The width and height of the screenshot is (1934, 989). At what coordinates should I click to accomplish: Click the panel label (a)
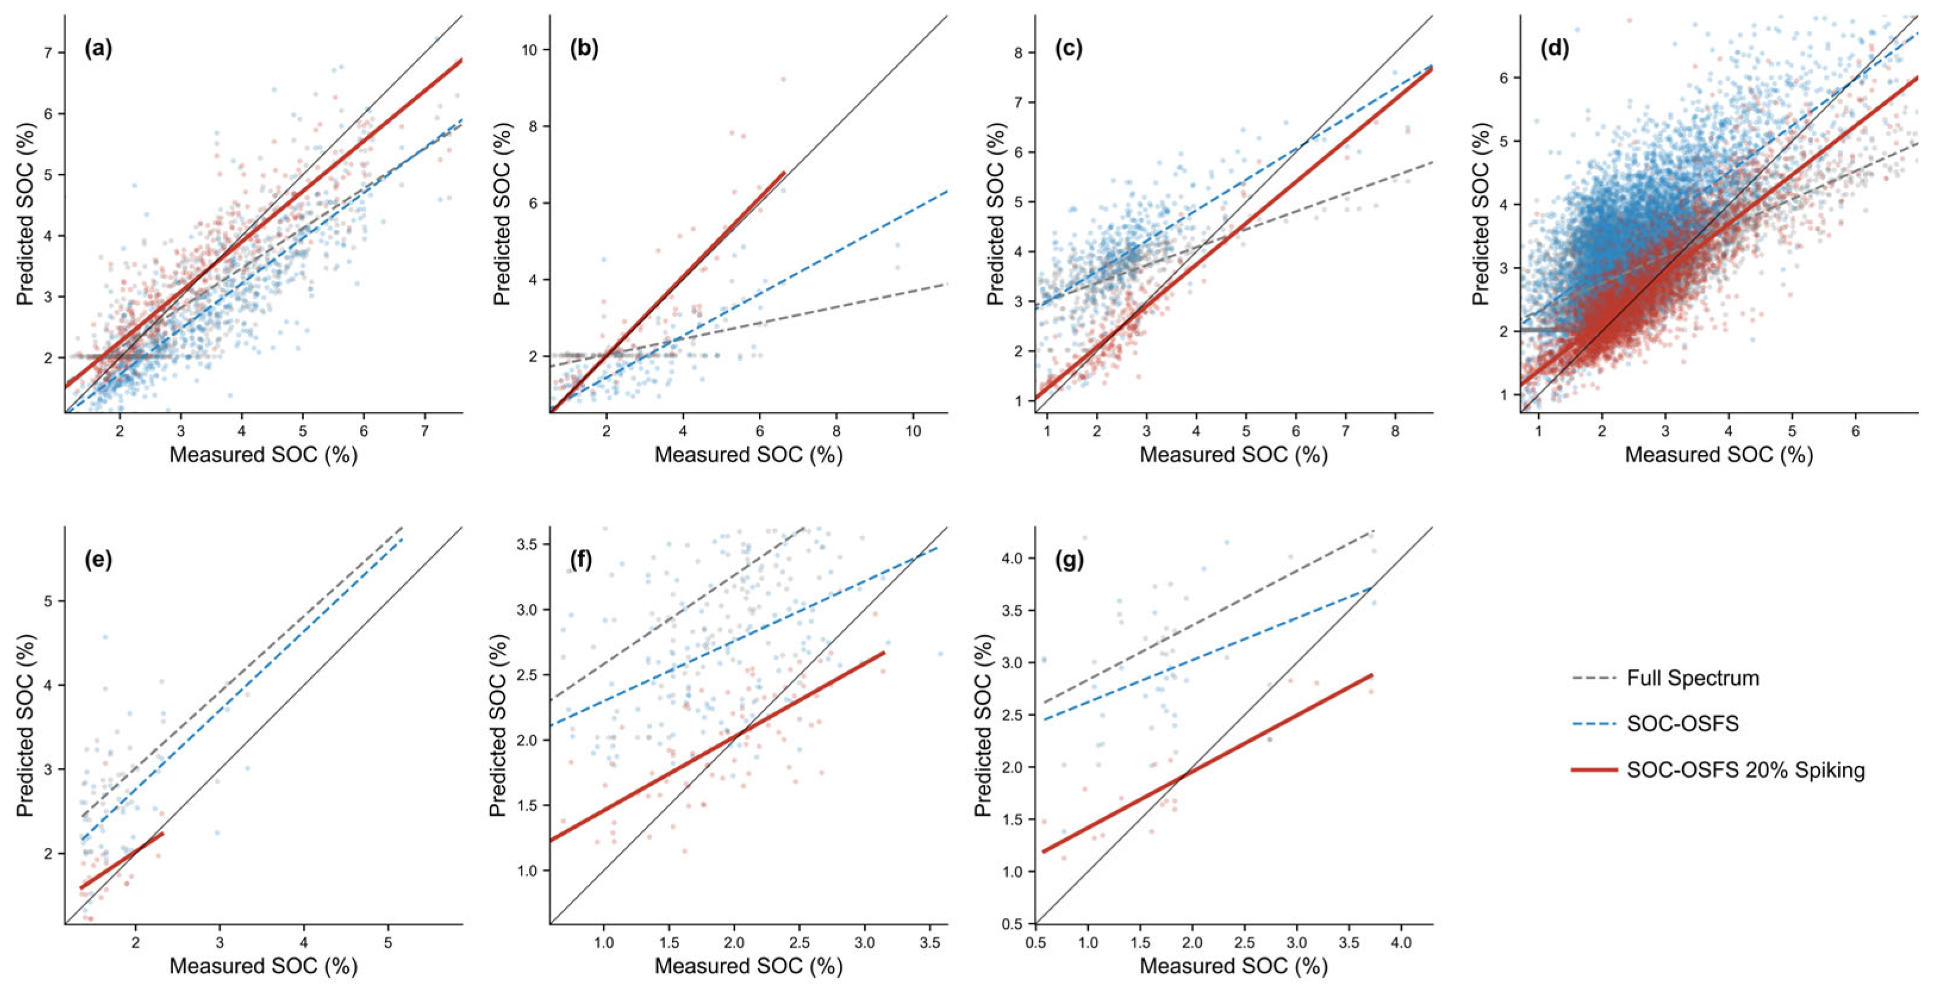coord(98,49)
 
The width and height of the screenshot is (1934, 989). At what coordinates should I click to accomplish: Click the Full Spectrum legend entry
coord(1693,678)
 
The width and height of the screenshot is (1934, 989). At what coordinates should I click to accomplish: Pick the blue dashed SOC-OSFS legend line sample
coord(1595,724)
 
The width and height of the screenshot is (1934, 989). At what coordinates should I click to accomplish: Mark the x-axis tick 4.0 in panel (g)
coord(1401,942)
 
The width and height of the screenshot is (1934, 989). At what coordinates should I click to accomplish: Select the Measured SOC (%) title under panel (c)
coord(1233,455)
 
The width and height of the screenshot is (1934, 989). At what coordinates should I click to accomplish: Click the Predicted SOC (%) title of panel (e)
coord(26,725)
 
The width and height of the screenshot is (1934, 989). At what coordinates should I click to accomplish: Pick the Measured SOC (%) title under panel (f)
coord(748,966)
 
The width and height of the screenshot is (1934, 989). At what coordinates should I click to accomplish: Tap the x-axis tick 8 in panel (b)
coord(836,431)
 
